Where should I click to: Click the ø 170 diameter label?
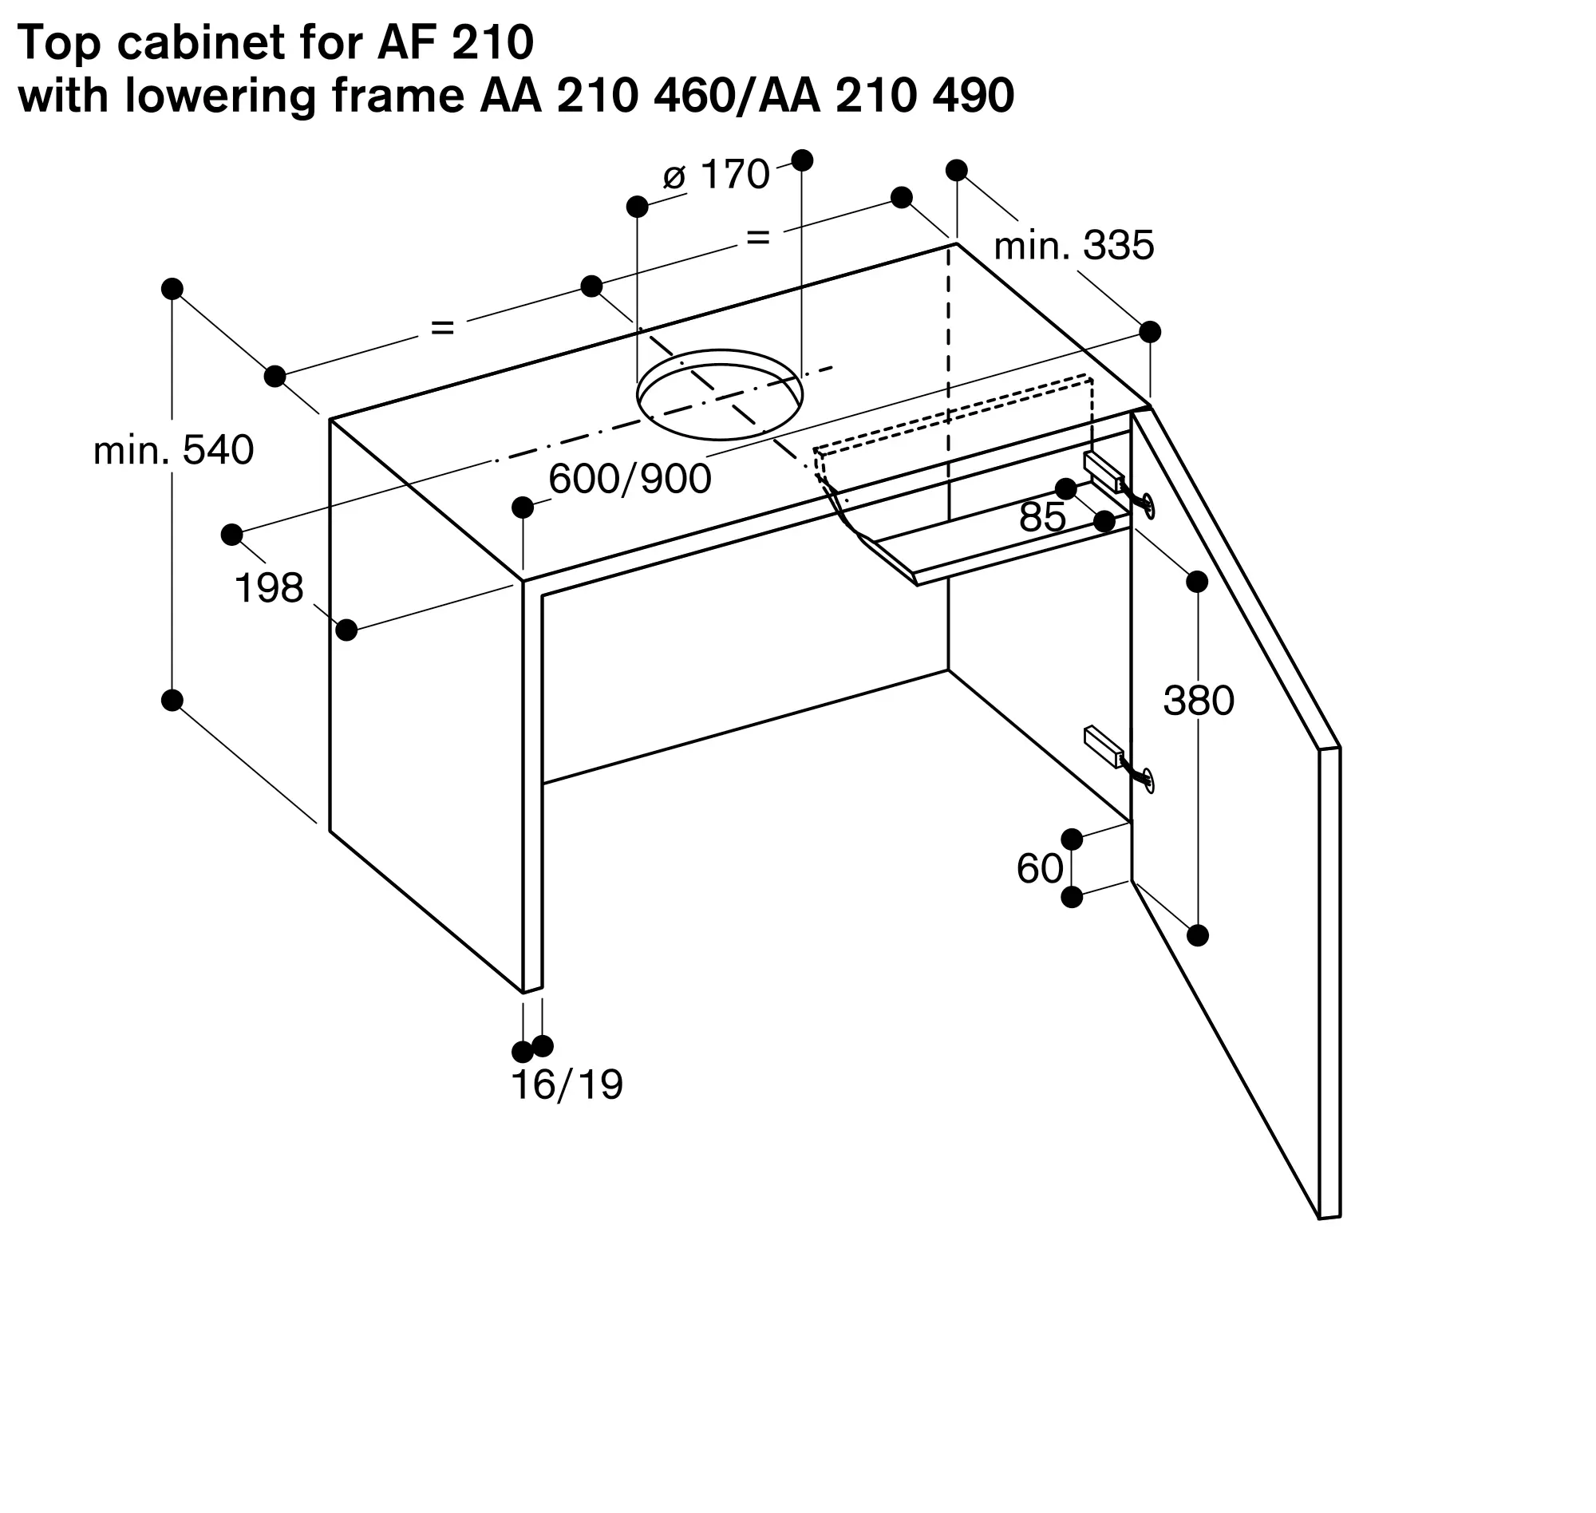716,174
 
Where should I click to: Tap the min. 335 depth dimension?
1073,245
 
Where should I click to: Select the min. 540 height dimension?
173,450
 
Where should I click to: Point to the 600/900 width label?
630,479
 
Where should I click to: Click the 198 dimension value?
269,588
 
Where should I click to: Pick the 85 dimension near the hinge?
1042,517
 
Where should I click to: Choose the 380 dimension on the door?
1199,700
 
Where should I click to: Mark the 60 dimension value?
1040,868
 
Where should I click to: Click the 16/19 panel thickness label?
567,1085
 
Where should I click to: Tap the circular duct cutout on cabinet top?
719,394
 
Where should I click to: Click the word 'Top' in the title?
61,44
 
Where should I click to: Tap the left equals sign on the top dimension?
443,327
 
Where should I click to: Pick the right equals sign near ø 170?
758,238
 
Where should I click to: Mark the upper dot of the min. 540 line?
172,289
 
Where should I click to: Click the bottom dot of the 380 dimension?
1198,935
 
